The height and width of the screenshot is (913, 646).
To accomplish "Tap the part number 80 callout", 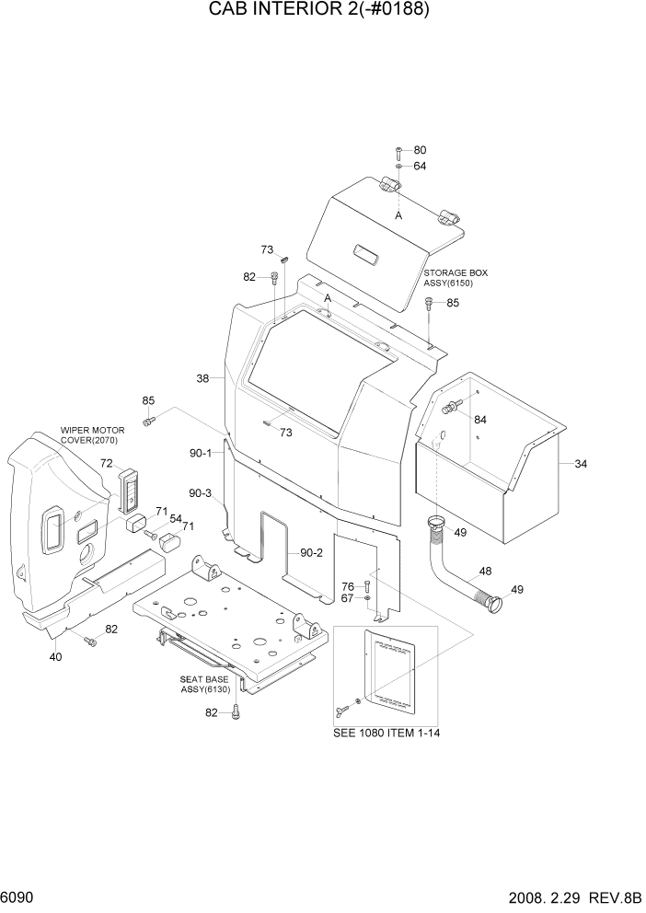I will pos(420,150).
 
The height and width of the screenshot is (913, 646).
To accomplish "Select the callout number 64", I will pos(420,167).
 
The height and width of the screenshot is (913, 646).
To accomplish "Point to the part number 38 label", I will pos(203,378).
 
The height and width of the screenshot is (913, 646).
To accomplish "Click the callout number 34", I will pos(581,464).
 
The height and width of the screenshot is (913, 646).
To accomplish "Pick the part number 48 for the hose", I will pos(485,571).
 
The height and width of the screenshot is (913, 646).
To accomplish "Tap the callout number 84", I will pos(479,420).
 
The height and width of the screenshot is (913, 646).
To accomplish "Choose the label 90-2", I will pos(312,553).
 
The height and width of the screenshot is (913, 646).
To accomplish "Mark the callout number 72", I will pos(107,463).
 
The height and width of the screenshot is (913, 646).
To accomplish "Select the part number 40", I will pos(55,657).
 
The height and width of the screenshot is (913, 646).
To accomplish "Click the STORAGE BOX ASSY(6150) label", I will pos(456,279).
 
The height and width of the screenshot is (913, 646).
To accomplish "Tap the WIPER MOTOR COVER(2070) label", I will pos(93,435).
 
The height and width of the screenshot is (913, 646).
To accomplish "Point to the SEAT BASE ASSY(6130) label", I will pos(204,685).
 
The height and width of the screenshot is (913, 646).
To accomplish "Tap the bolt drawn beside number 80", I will pos(398,151).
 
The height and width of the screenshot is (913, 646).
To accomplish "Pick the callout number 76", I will pos(348,586).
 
